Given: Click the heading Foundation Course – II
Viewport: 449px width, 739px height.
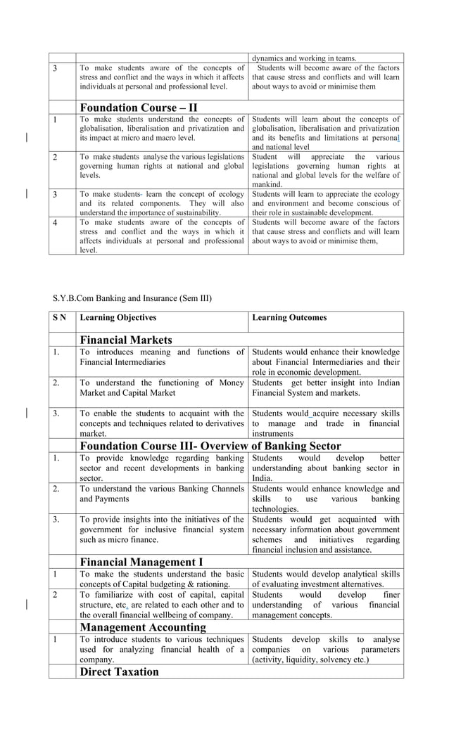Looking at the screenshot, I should point(139,108).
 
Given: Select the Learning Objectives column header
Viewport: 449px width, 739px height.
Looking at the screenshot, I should point(118,318).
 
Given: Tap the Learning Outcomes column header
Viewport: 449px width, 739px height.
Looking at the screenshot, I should point(289,318).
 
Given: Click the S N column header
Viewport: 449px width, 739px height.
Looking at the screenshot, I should point(60,318).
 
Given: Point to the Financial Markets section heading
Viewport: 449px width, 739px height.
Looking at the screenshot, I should point(126,340).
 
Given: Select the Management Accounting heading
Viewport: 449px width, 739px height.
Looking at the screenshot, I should point(143,626).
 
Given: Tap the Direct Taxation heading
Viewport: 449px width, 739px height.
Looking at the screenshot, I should point(120,671).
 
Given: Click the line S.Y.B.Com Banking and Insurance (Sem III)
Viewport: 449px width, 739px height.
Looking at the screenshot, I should point(132,298).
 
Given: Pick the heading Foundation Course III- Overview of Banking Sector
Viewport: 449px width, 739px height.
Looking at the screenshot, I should point(210,446).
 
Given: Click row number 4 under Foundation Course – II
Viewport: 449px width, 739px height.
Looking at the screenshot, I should point(56,223).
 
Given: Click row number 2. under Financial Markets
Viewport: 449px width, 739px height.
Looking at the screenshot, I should point(56,383).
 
